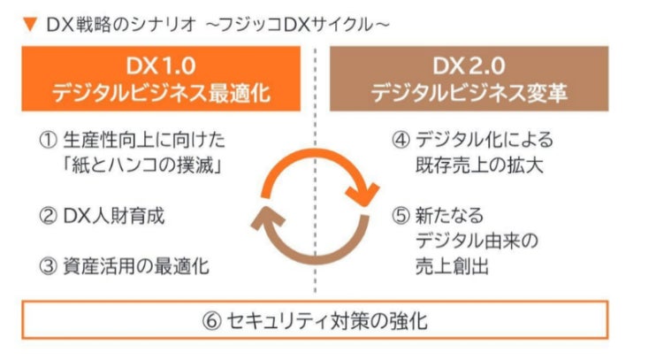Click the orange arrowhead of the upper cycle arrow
(367, 191)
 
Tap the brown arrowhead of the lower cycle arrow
(263, 212)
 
